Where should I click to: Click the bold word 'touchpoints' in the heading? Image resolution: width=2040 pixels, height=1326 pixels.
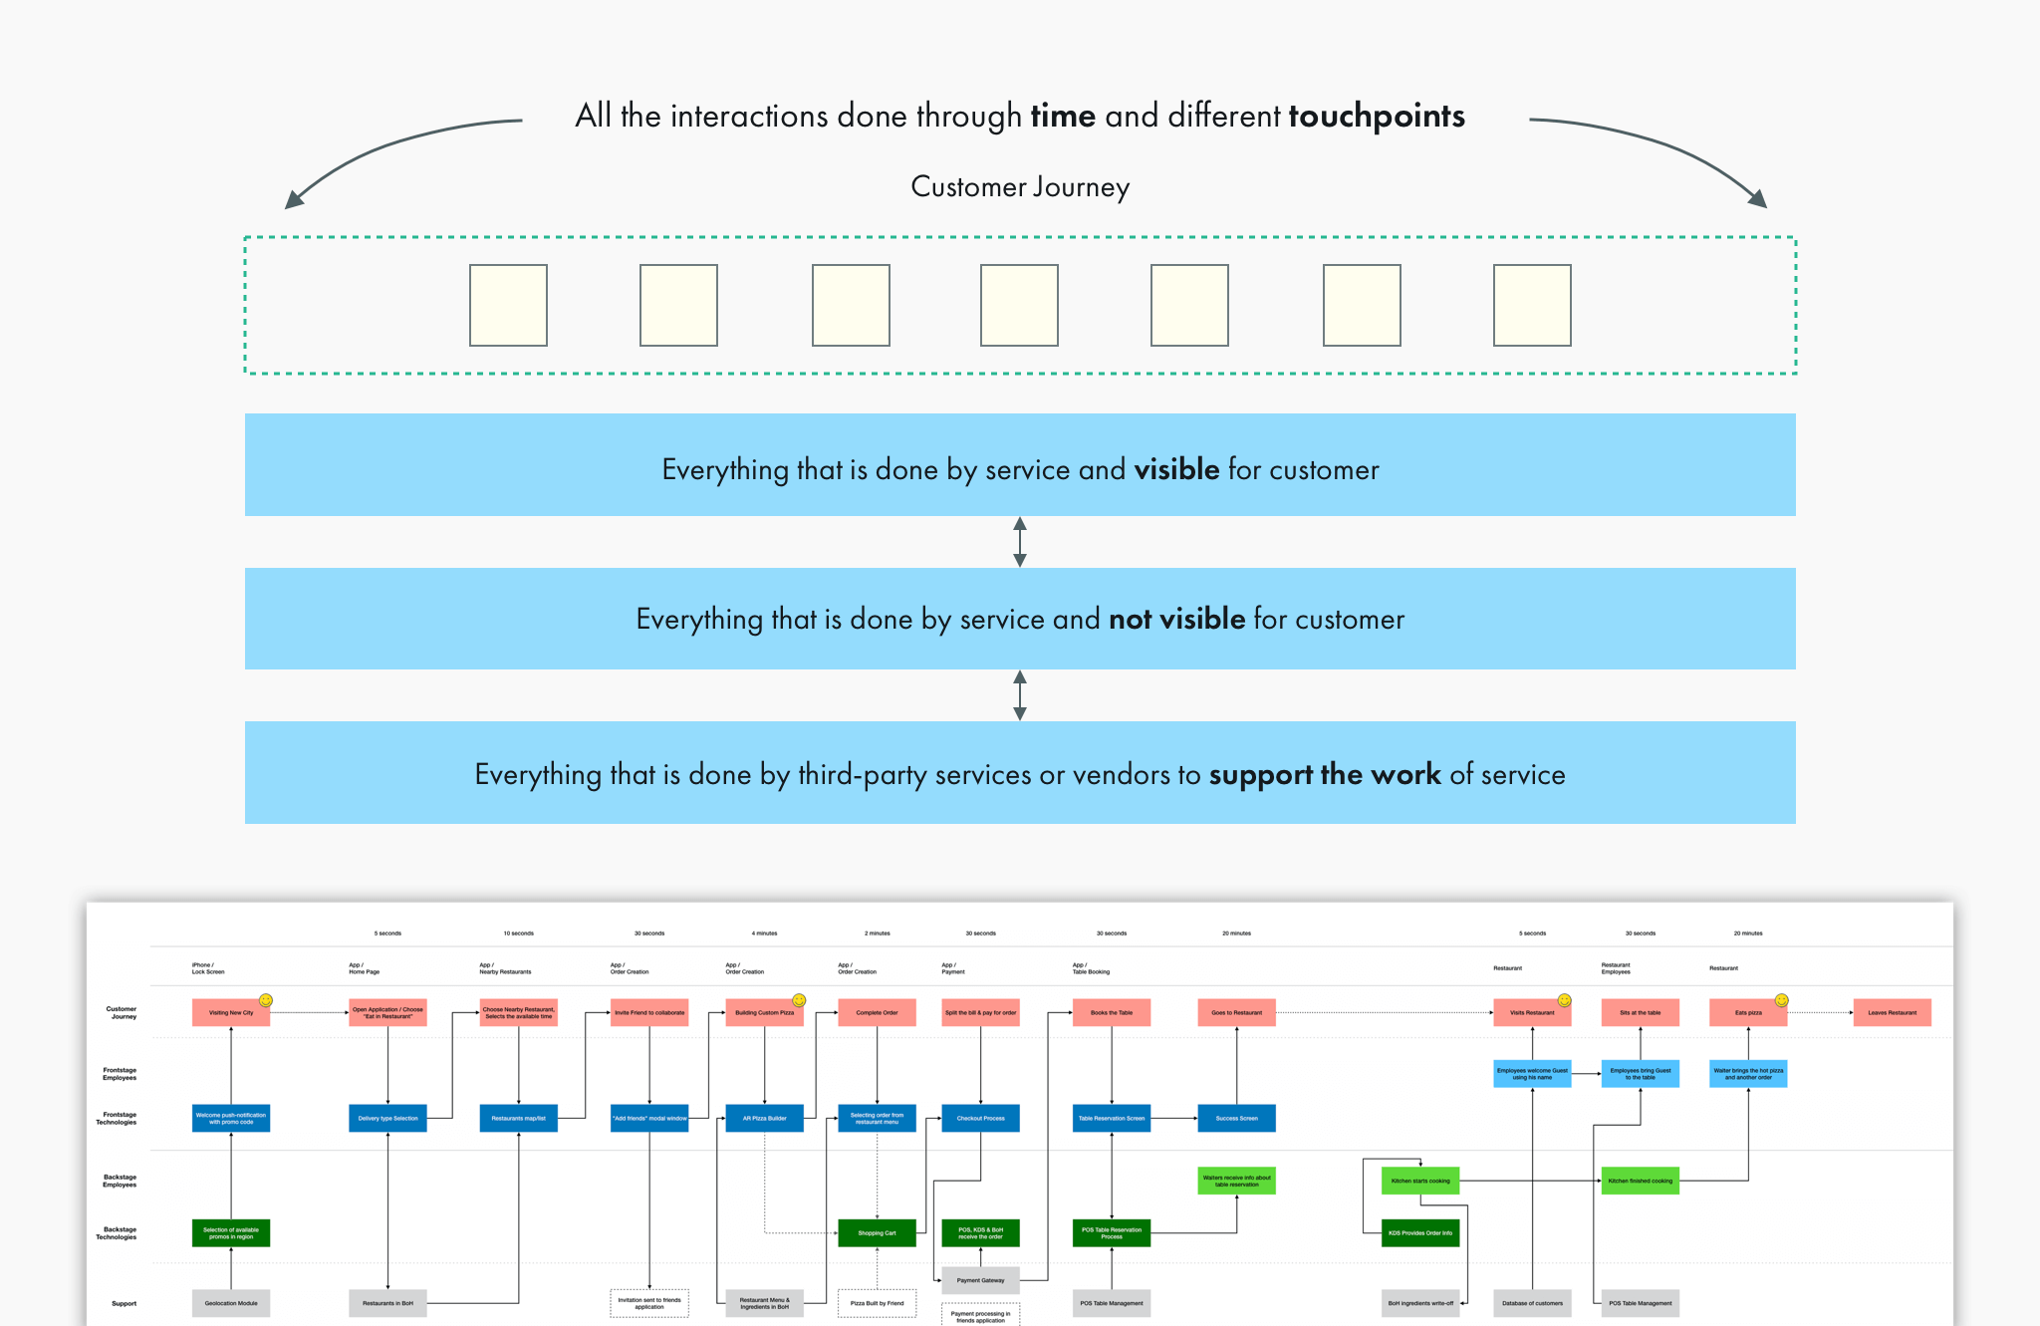tap(1376, 117)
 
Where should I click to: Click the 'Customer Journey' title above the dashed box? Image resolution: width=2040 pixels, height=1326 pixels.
tap(1020, 187)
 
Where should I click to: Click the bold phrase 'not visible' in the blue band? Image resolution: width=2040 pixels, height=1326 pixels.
tap(1176, 619)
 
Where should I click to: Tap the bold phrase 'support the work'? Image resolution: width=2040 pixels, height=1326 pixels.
tap(1324, 774)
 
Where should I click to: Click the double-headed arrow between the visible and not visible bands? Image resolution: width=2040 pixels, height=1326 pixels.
tap(1019, 542)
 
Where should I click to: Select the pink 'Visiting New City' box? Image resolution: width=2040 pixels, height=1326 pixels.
tap(231, 1012)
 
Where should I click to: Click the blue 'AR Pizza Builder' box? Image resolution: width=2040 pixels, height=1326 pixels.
tap(764, 1118)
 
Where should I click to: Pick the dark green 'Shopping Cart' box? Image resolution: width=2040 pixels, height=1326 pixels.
tap(877, 1232)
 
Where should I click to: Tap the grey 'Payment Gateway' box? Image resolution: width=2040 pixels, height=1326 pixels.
tap(980, 1280)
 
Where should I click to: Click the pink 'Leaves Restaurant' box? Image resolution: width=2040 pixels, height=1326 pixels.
tap(1892, 1012)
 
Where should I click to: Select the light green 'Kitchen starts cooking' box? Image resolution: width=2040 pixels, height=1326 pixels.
tap(1420, 1181)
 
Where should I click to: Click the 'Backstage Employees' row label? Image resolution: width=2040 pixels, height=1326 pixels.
tap(120, 1181)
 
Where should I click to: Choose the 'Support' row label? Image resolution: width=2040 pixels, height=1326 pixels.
tap(124, 1303)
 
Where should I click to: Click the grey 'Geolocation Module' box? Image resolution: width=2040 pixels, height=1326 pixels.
tap(231, 1303)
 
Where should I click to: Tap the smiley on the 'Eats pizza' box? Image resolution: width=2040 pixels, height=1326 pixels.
tap(1781, 1000)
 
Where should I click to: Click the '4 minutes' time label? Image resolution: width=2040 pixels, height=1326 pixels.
tap(764, 933)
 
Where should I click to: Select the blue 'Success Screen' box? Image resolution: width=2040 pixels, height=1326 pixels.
tap(1236, 1118)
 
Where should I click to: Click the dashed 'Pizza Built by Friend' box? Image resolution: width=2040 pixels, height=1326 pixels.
tap(877, 1303)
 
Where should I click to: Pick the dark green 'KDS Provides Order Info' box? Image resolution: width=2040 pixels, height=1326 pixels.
tap(1420, 1232)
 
